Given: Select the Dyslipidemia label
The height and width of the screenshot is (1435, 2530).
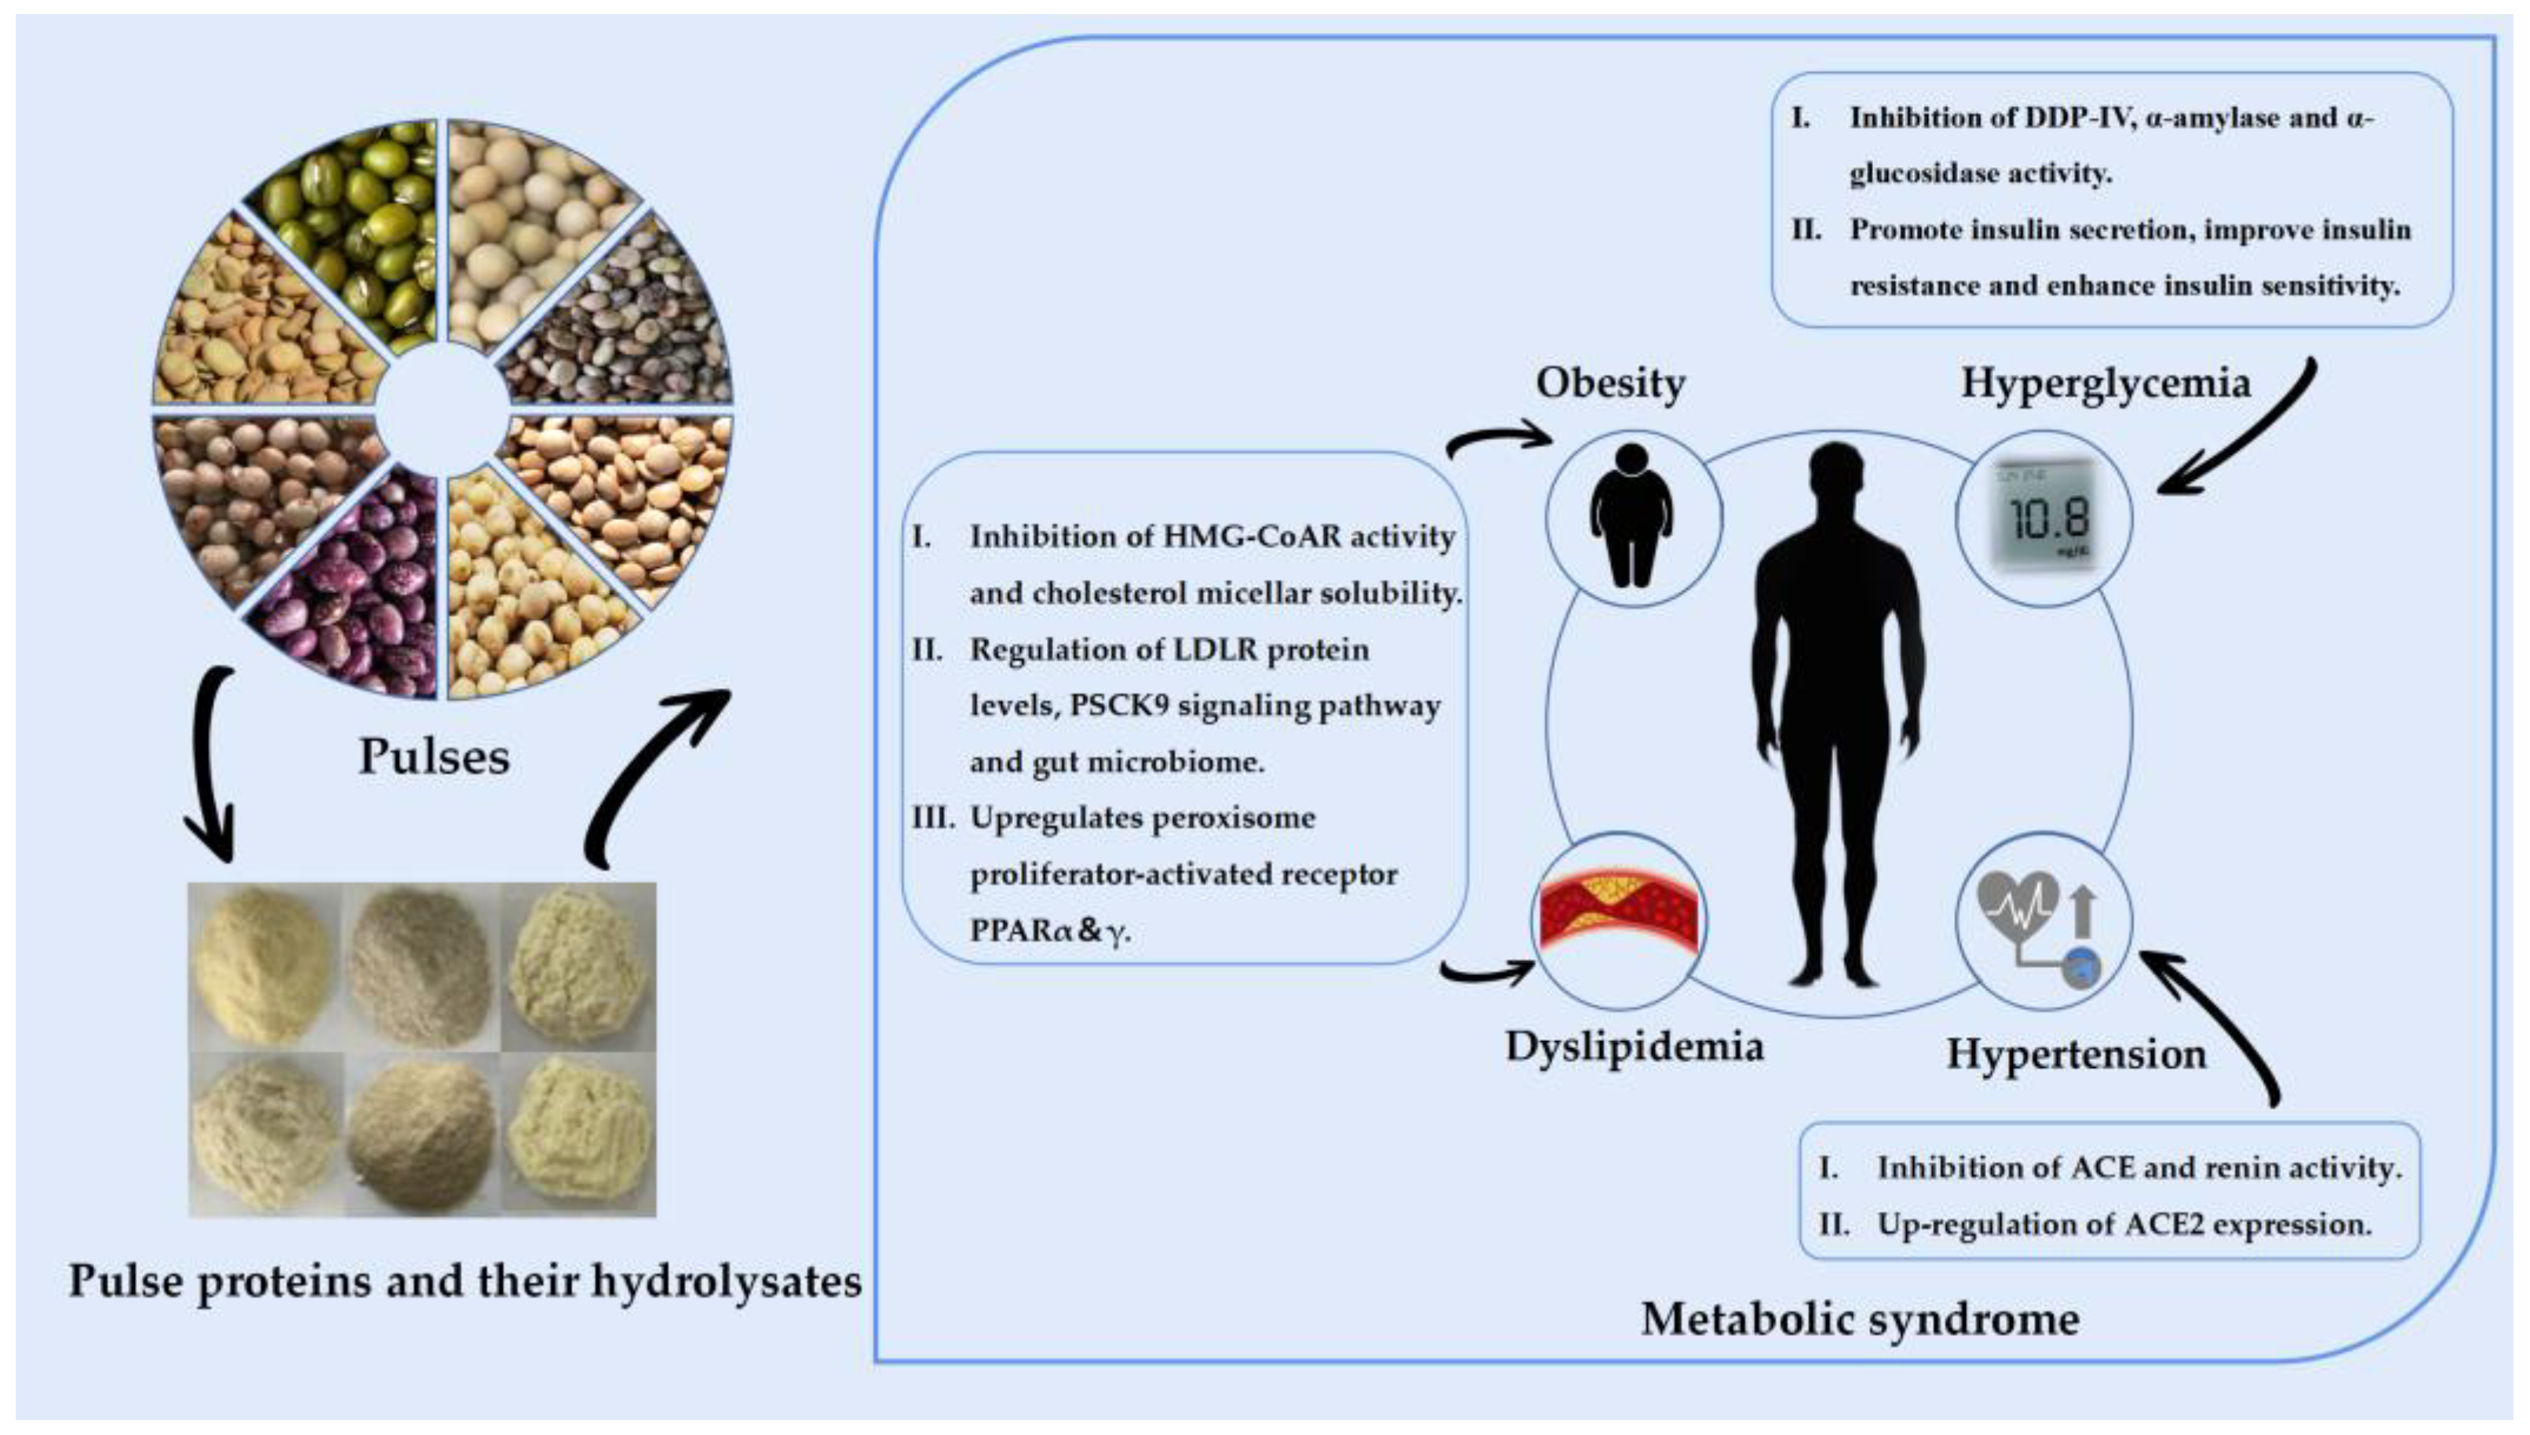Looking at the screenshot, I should [1634, 1047].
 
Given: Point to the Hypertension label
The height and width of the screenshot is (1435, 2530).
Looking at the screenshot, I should [2076, 1054].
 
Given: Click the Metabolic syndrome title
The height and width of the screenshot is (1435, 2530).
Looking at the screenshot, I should [1860, 1319].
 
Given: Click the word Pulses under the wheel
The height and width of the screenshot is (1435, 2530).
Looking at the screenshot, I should [434, 757].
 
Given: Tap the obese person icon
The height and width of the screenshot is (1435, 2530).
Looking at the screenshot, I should [1631, 515].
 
